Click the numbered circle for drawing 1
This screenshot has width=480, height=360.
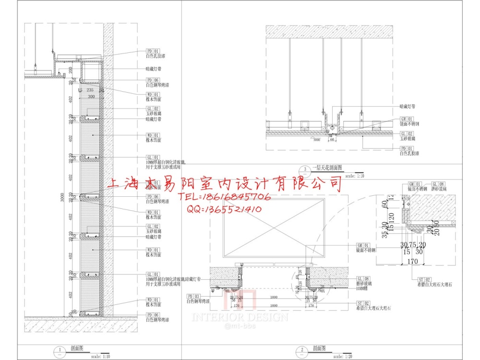point(59,350)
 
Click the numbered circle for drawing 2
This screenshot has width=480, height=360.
point(302,350)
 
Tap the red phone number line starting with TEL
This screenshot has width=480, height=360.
point(225,197)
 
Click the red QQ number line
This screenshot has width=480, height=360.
point(224,209)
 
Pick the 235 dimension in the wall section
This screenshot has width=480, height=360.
point(90,90)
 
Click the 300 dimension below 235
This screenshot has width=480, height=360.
point(91,96)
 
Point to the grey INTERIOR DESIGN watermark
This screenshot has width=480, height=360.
point(240,317)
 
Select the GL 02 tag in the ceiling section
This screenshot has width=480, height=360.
point(407,133)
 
